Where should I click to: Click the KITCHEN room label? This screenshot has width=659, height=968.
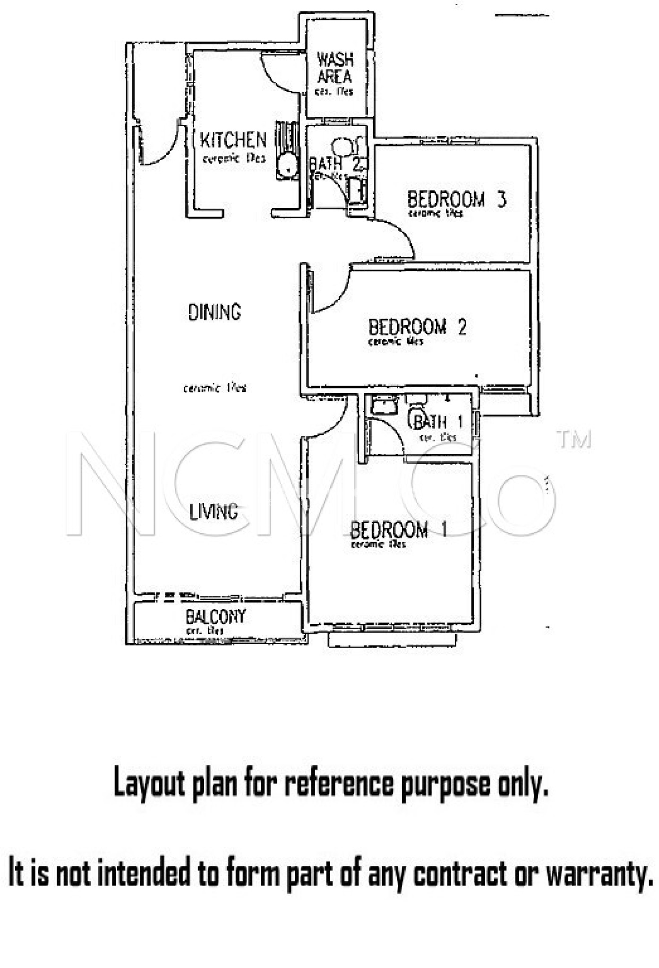233,140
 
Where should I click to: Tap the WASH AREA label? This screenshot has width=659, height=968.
335,68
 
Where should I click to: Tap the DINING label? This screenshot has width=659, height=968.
214,312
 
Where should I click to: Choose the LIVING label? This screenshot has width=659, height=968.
214,511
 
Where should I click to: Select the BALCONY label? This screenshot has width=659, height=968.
215,616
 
